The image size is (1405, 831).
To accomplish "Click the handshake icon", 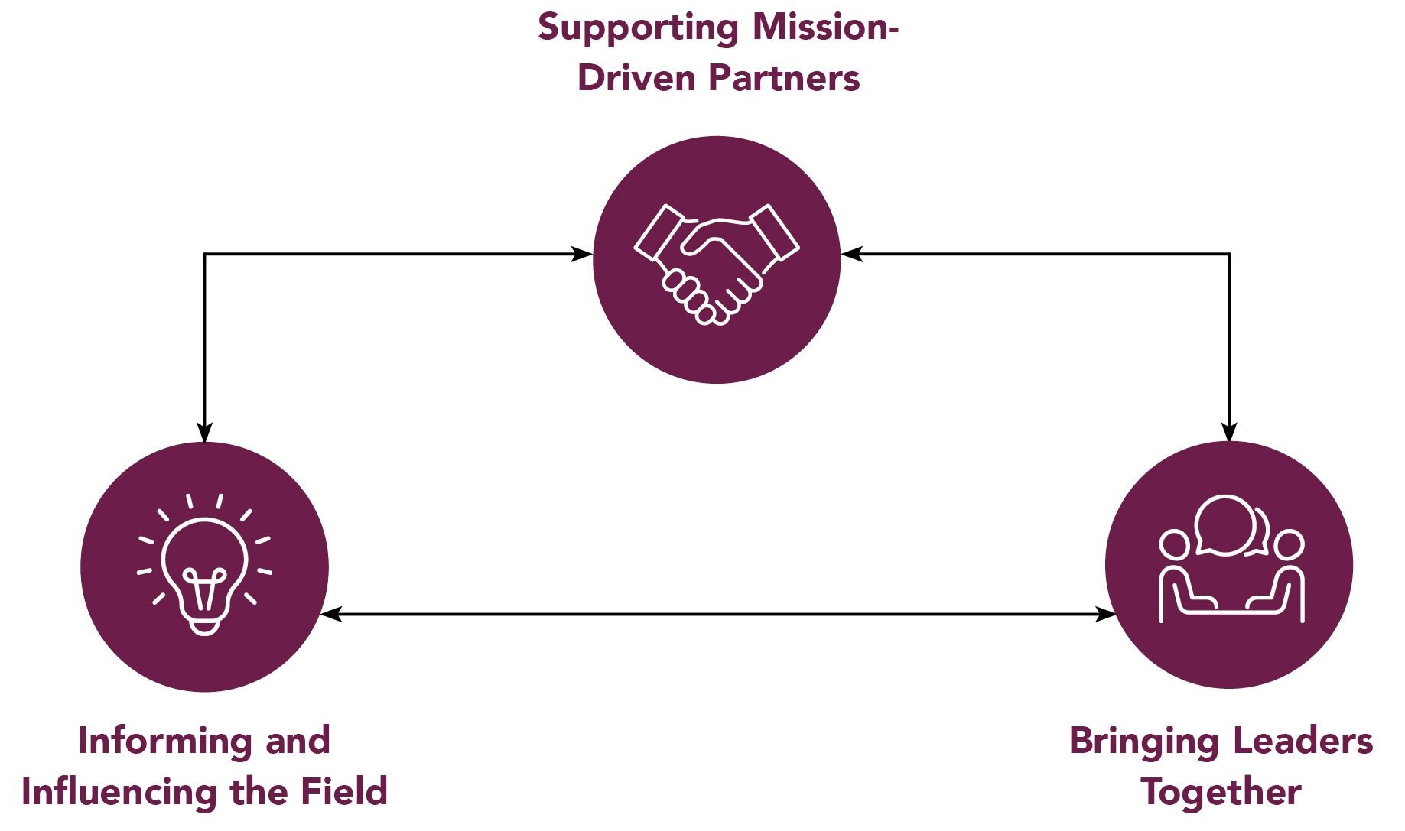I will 717,263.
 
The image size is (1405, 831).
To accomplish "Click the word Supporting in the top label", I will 638,28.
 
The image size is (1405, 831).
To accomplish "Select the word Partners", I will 784,78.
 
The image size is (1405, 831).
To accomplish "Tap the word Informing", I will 164,742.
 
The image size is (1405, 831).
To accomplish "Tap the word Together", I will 1221,792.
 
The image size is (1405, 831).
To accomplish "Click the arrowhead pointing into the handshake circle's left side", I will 583,254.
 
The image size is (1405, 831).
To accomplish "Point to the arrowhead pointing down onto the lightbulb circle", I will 204,432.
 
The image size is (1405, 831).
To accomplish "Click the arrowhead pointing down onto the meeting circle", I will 1228,432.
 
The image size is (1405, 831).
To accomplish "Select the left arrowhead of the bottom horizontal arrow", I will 330,614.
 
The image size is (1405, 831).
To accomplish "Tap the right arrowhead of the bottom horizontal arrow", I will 1105,614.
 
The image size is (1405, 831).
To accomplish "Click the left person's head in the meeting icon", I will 1174,545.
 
